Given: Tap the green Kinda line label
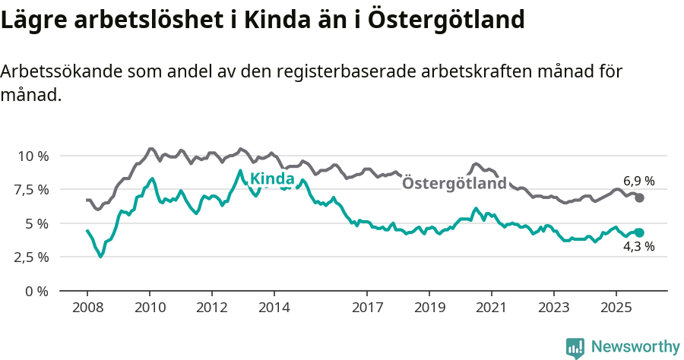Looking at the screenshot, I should [272, 179].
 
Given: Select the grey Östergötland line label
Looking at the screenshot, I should [454, 184].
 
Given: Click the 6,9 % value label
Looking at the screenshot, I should [638, 181].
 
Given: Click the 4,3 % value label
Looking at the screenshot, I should [638, 246].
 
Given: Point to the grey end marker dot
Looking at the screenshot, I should [639, 197].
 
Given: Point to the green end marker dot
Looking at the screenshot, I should [639, 233].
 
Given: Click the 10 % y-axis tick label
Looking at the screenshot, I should [33, 156].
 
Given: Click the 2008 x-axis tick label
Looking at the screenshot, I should [87, 308].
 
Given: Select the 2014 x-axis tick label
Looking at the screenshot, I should [274, 308].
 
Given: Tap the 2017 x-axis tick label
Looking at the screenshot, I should [367, 308].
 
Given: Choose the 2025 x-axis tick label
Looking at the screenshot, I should [616, 308].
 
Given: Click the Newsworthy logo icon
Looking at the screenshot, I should [575, 347].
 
